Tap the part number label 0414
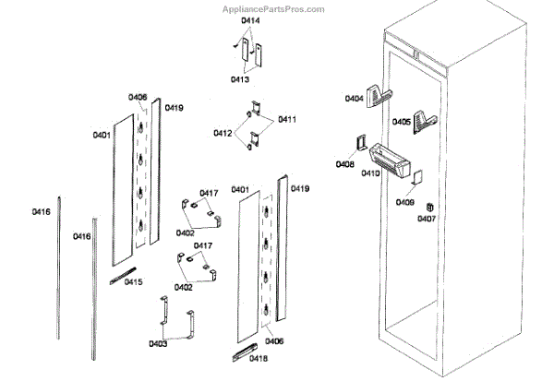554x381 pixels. click(251, 19)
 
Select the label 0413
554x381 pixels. click(239, 80)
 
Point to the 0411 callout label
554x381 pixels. click(286, 120)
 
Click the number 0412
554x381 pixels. click(223, 134)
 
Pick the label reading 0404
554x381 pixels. click(355, 98)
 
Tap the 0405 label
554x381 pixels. click(402, 122)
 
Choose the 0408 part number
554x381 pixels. click(344, 164)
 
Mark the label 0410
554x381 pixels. click(371, 173)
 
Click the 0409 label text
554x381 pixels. click(405, 201)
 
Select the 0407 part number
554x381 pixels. click(427, 219)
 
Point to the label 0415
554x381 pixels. click(134, 282)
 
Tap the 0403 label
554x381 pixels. click(158, 344)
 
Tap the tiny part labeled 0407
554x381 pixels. click(430, 206)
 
